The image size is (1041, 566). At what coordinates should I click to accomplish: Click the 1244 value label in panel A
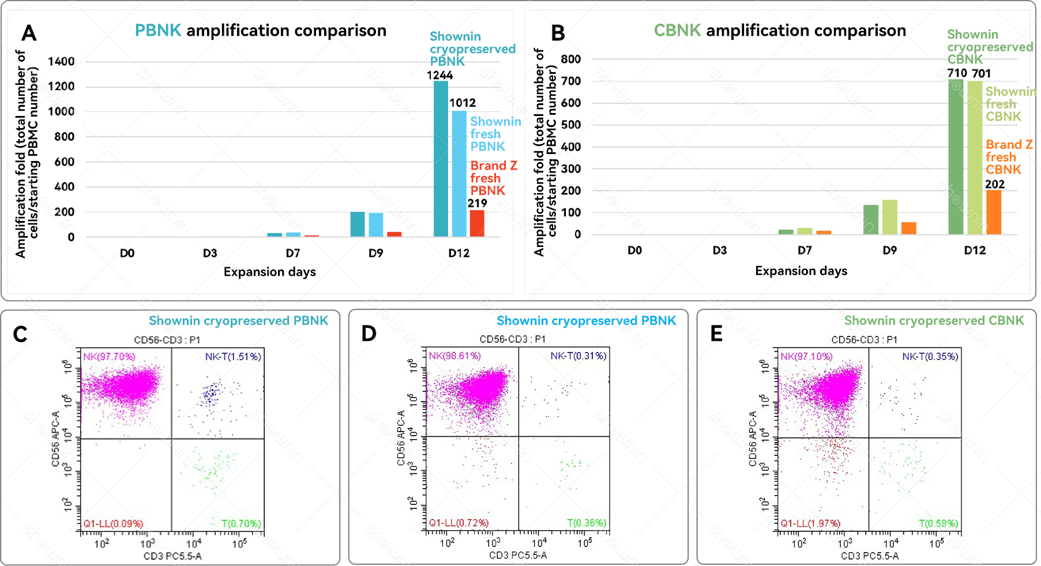(x=439, y=76)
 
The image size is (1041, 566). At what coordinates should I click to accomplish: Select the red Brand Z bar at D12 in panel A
(x=477, y=223)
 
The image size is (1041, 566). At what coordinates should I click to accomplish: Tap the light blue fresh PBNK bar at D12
(x=459, y=173)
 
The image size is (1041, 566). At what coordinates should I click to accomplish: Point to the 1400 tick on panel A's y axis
(x=61, y=62)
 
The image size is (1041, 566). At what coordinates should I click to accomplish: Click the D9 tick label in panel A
(x=375, y=253)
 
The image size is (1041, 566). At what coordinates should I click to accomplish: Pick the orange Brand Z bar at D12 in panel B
(x=993, y=212)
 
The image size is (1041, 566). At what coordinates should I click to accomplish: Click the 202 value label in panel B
(x=995, y=184)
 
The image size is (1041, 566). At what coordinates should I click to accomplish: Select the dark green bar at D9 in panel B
(x=870, y=219)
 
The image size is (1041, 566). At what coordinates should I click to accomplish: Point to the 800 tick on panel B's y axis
(x=570, y=59)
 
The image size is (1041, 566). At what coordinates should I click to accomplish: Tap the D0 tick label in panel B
(x=634, y=250)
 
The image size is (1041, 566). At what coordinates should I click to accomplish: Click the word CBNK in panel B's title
(x=677, y=31)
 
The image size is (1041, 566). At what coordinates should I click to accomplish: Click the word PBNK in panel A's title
(x=157, y=31)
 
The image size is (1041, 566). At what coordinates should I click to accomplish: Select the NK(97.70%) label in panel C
(x=109, y=357)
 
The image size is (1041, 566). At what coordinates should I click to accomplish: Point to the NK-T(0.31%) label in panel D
(x=578, y=356)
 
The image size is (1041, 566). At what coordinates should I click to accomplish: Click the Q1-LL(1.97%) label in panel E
(x=810, y=523)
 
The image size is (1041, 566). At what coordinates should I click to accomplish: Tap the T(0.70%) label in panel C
(x=241, y=523)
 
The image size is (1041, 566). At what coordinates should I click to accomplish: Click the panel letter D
(x=369, y=333)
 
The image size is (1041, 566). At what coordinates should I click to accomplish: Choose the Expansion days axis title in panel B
(x=801, y=271)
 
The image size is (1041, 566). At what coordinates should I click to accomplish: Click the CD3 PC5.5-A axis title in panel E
(x=869, y=556)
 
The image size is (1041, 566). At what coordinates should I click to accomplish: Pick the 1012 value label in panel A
(x=463, y=103)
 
